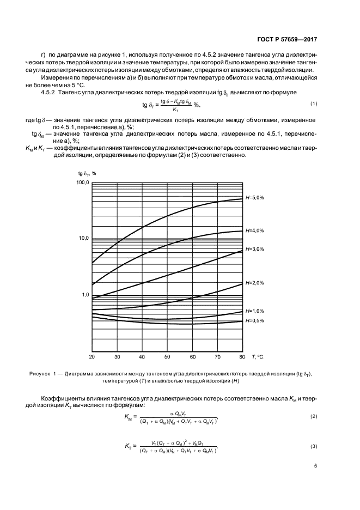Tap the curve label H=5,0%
coord(254,198)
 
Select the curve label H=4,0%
coord(254,230)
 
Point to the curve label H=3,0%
coord(254,249)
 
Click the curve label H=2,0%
coord(254,283)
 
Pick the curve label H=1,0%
coord(254,311)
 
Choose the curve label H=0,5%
coord(254,320)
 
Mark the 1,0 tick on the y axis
coord(85,295)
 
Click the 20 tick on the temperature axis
coord(92,357)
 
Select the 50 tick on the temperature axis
coord(167,357)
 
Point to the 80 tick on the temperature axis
coord(242,357)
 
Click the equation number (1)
coord(314,104)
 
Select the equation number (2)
coord(314,416)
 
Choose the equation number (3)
coord(314,447)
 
